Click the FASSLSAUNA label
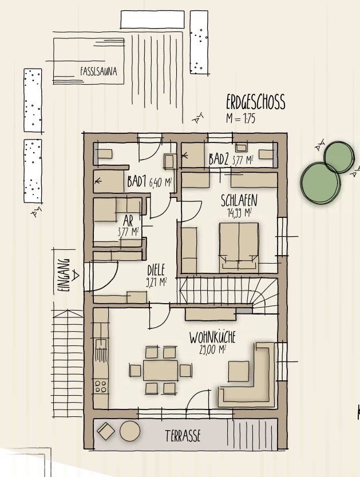pos(98,71)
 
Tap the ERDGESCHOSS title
pos(256,102)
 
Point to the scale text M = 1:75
pos(240,118)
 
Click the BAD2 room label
pos(219,160)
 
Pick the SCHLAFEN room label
pos(239,201)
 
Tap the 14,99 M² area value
pos(239,213)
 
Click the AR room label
pos(128,221)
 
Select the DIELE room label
pos(156,271)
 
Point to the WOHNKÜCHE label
pos(212,337)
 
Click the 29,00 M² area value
pos(213,350)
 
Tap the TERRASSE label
pos(183,436)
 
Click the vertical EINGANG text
pos(64,276)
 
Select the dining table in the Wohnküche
pos(160,370)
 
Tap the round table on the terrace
pos(130,431)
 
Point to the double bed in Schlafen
pos(239,248)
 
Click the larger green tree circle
pos(320,184)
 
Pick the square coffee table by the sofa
pos(239,371)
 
